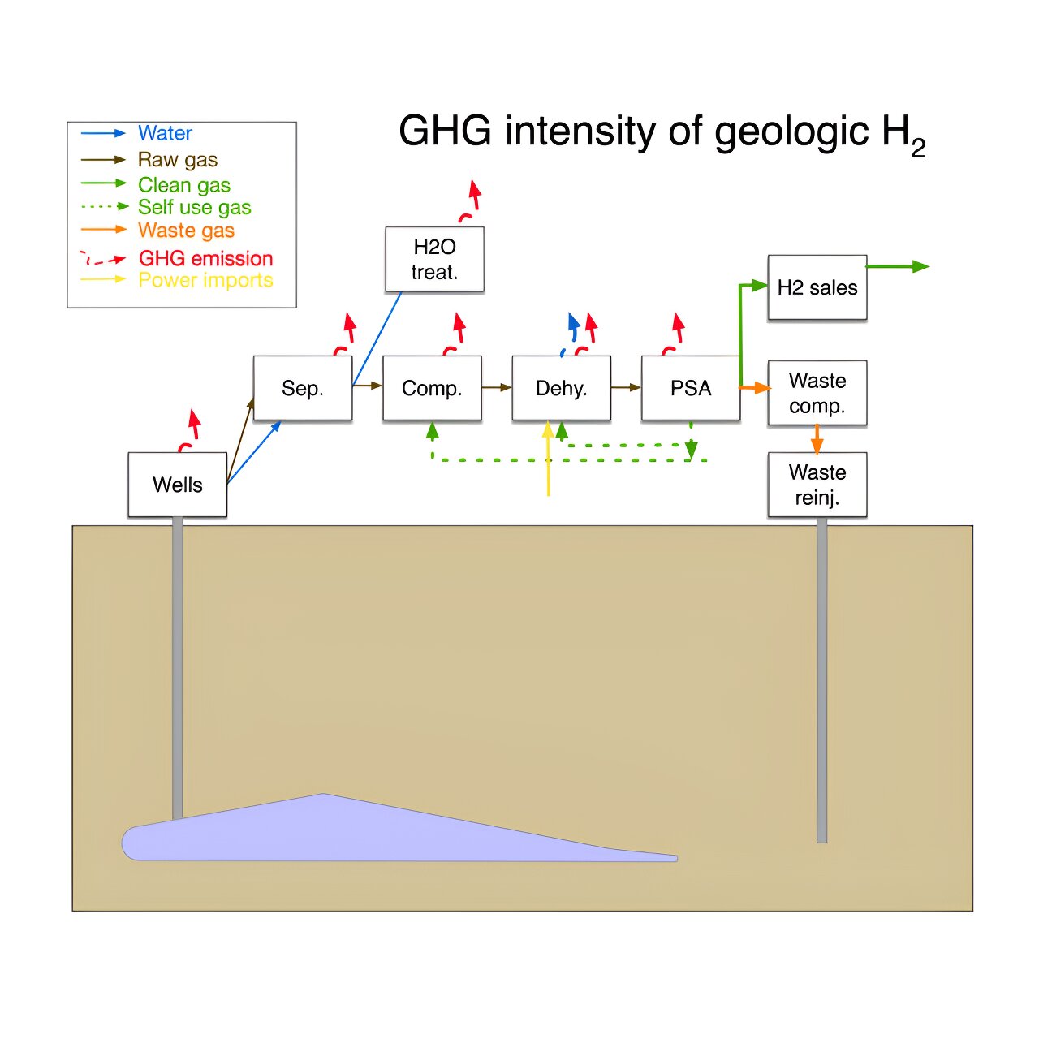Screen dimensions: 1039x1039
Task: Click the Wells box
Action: click(x=178, y=485)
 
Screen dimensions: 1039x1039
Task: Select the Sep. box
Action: click(x=303, y=388)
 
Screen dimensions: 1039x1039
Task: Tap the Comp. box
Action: click(x=432, y=388)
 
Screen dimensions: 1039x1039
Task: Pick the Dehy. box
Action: click(x=561, y=388)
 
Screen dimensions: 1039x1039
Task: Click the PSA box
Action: click(x=691, y=388)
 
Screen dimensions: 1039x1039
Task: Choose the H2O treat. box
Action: click(x=434, y=259)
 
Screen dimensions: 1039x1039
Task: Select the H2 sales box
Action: click(x=817, y=287)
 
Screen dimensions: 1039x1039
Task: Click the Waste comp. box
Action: click(x=817, y=393)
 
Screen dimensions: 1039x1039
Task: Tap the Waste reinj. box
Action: click(x=817, y=485)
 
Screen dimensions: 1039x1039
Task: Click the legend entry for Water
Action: click(x=165, y=133)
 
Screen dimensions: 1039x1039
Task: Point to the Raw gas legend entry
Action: click(x=178, y=159)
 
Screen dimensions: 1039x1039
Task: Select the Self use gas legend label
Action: click(x=194, y=207)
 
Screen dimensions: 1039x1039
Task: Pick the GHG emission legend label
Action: click(x=205, y=258)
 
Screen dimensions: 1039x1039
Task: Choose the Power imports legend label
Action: click(x=205, y=280)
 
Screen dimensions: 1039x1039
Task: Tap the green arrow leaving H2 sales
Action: click(x=897, y=266)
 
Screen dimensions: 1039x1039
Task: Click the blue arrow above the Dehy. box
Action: click(x=573, y=329)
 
